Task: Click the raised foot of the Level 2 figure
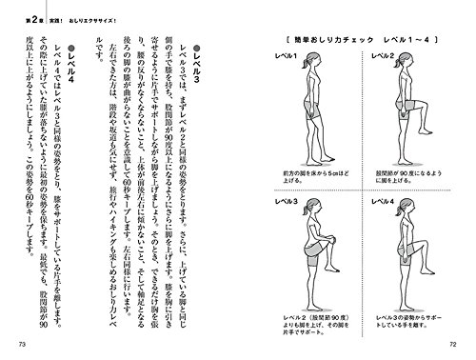click(x=399, y=134)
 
